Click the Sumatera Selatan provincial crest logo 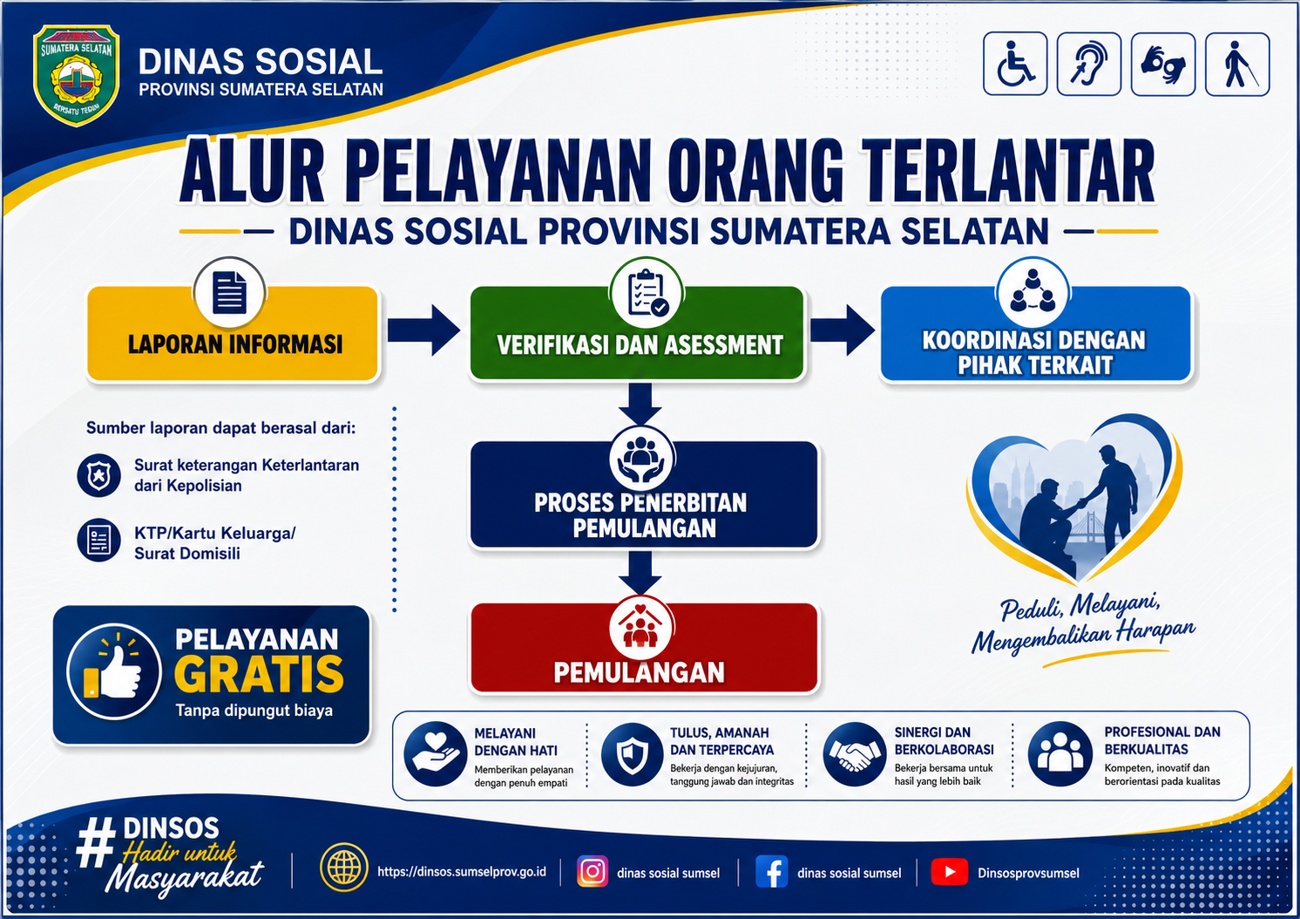click(x=77, y=75)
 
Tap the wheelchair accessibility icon click(x=1015, y=64)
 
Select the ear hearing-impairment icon click(x=1089, y=64)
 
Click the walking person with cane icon click(x=1237, y=64)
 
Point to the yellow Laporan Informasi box click(x=233, y=333)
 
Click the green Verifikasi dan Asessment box click(x=637, y=333)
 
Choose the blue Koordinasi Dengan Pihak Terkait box click(x=1036, y=333)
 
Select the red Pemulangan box click(x=644, y=648)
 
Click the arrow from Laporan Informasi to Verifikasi click(x=423, y=330)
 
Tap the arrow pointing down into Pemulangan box click(x=640, y=573)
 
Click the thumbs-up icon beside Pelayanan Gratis click(x=114, y=672)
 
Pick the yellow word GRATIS click(x=259, y=674)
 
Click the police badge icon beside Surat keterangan click(x=98, y=475)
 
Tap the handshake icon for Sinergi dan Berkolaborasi click(x=854, y=754)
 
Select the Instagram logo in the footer click(x=592, y=871)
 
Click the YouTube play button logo click(x=950, y=871)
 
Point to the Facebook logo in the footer click(x=772, y=871)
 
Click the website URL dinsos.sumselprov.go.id click(x=462, y=871)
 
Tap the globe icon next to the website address click(x=343, y=868)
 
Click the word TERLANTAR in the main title click(x=1008, y=172)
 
